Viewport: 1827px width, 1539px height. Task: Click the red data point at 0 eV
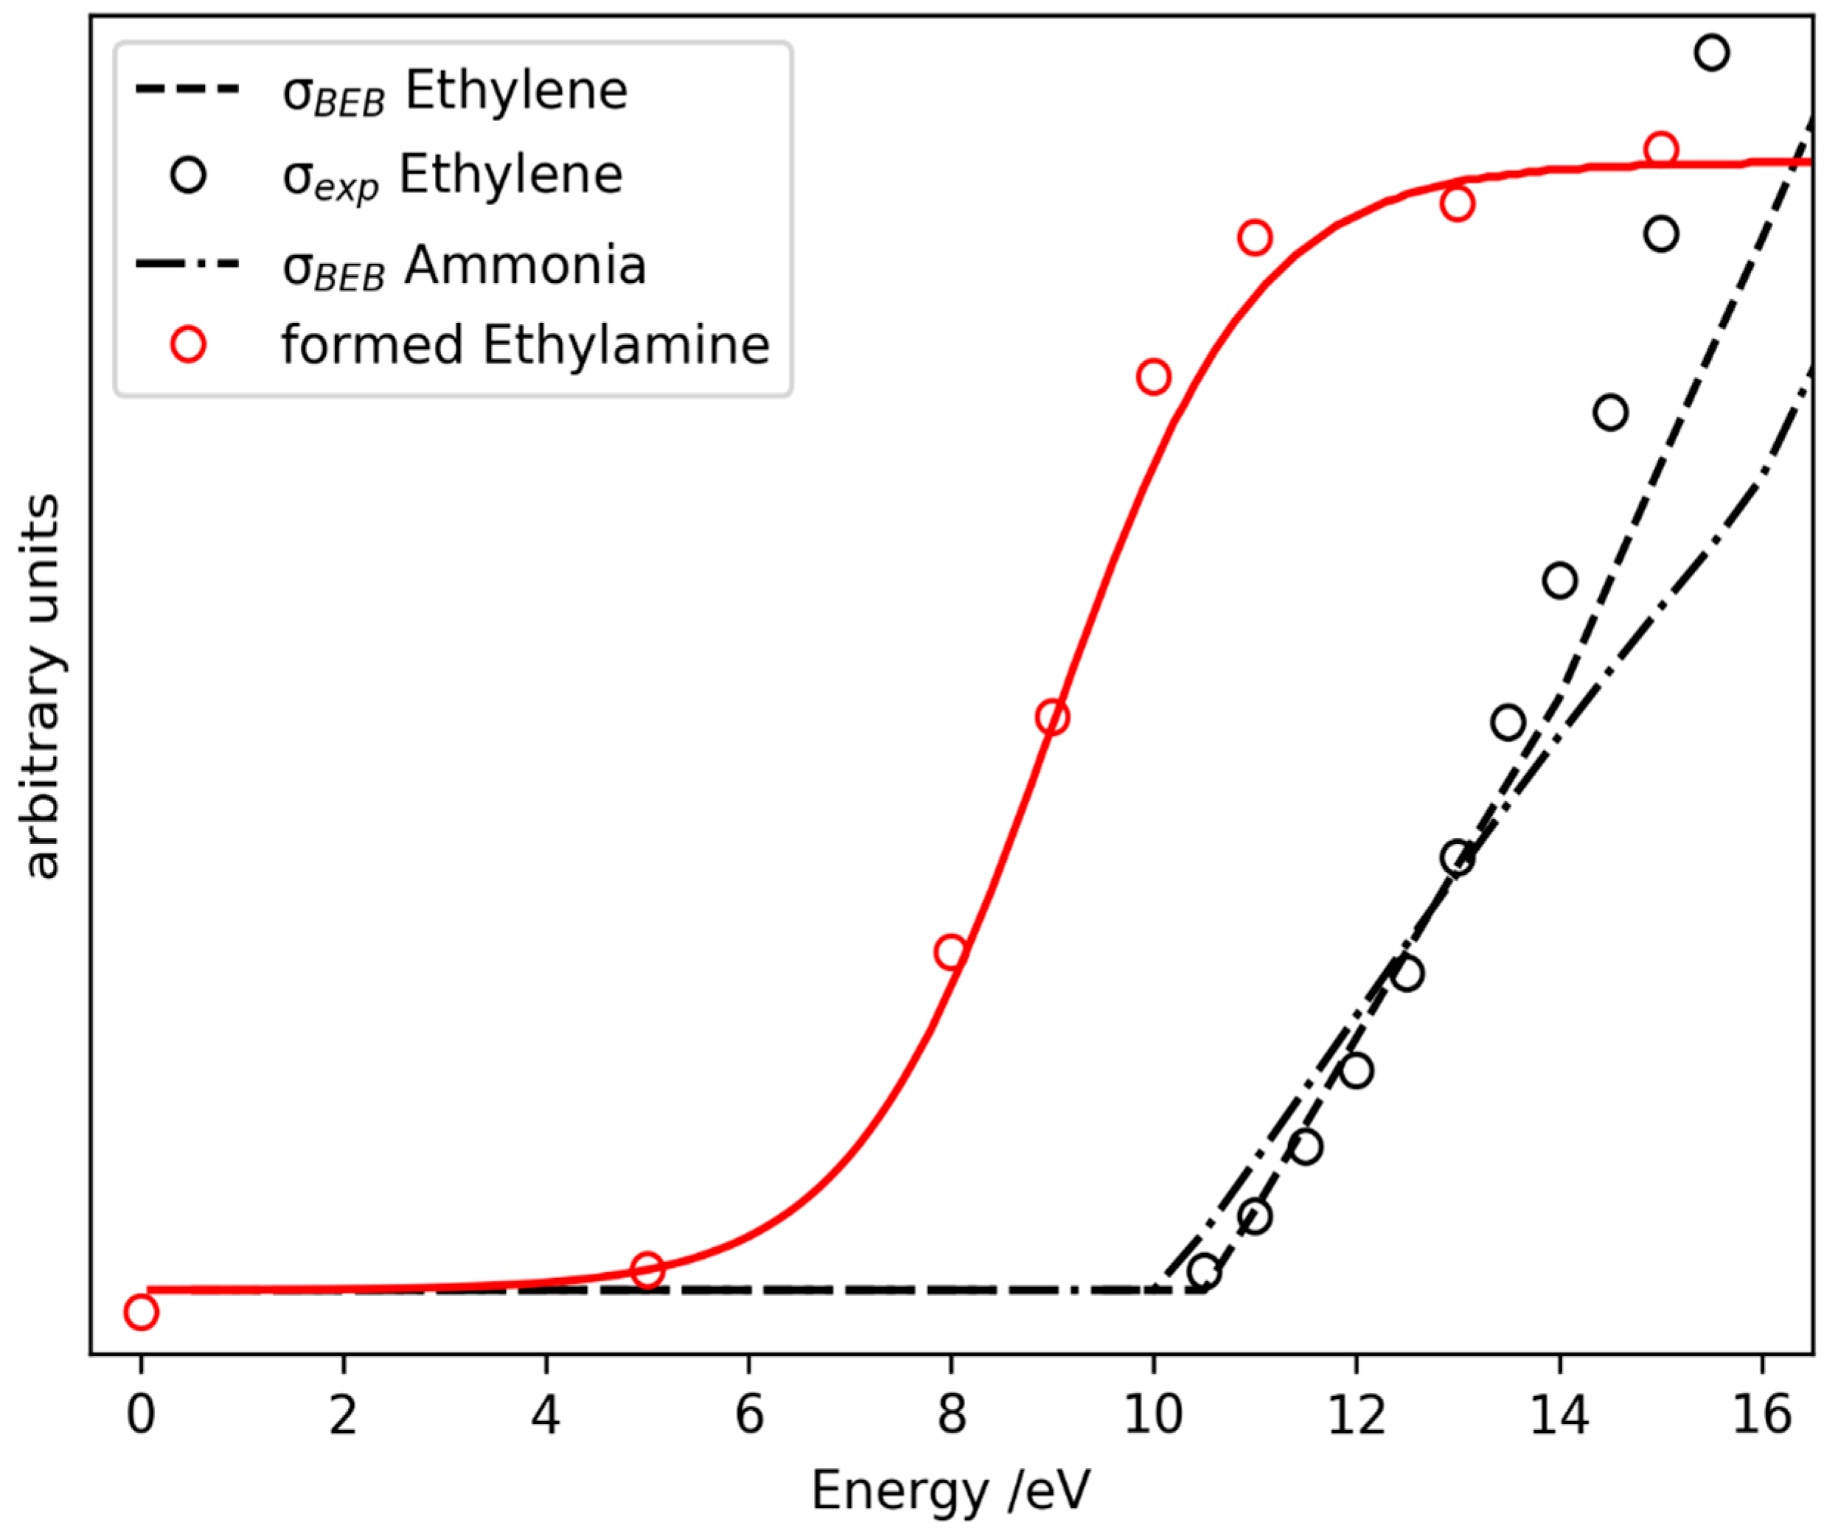coord(141,1312)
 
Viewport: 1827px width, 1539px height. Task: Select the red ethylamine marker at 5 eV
coord(647,1269)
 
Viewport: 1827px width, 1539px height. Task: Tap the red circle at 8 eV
coord(950,952)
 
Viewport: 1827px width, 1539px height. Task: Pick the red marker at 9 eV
coord(1052,717)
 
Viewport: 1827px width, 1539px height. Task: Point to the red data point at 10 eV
coord(1153,377)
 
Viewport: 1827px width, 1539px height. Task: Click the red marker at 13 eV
coord(1457,204)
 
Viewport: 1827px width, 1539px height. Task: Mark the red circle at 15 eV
coord(1660,149)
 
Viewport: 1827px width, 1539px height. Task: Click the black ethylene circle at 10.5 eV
coord(1204,1271)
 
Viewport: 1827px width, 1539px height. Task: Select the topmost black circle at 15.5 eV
coord(1711,52)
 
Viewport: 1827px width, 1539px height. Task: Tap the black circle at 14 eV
coord(1559,580)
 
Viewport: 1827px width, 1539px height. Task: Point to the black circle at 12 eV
coord(1356,1070)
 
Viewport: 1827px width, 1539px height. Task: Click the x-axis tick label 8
coord(951,1414)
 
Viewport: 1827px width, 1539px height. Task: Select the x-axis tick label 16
coord(1761,1414)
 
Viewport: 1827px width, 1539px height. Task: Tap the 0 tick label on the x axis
coord(141,1414)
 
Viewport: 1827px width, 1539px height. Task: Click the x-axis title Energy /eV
coord(951,1491)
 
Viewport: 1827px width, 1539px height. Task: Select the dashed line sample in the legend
coord(187,90)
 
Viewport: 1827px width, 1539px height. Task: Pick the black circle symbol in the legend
coord(187,175)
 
